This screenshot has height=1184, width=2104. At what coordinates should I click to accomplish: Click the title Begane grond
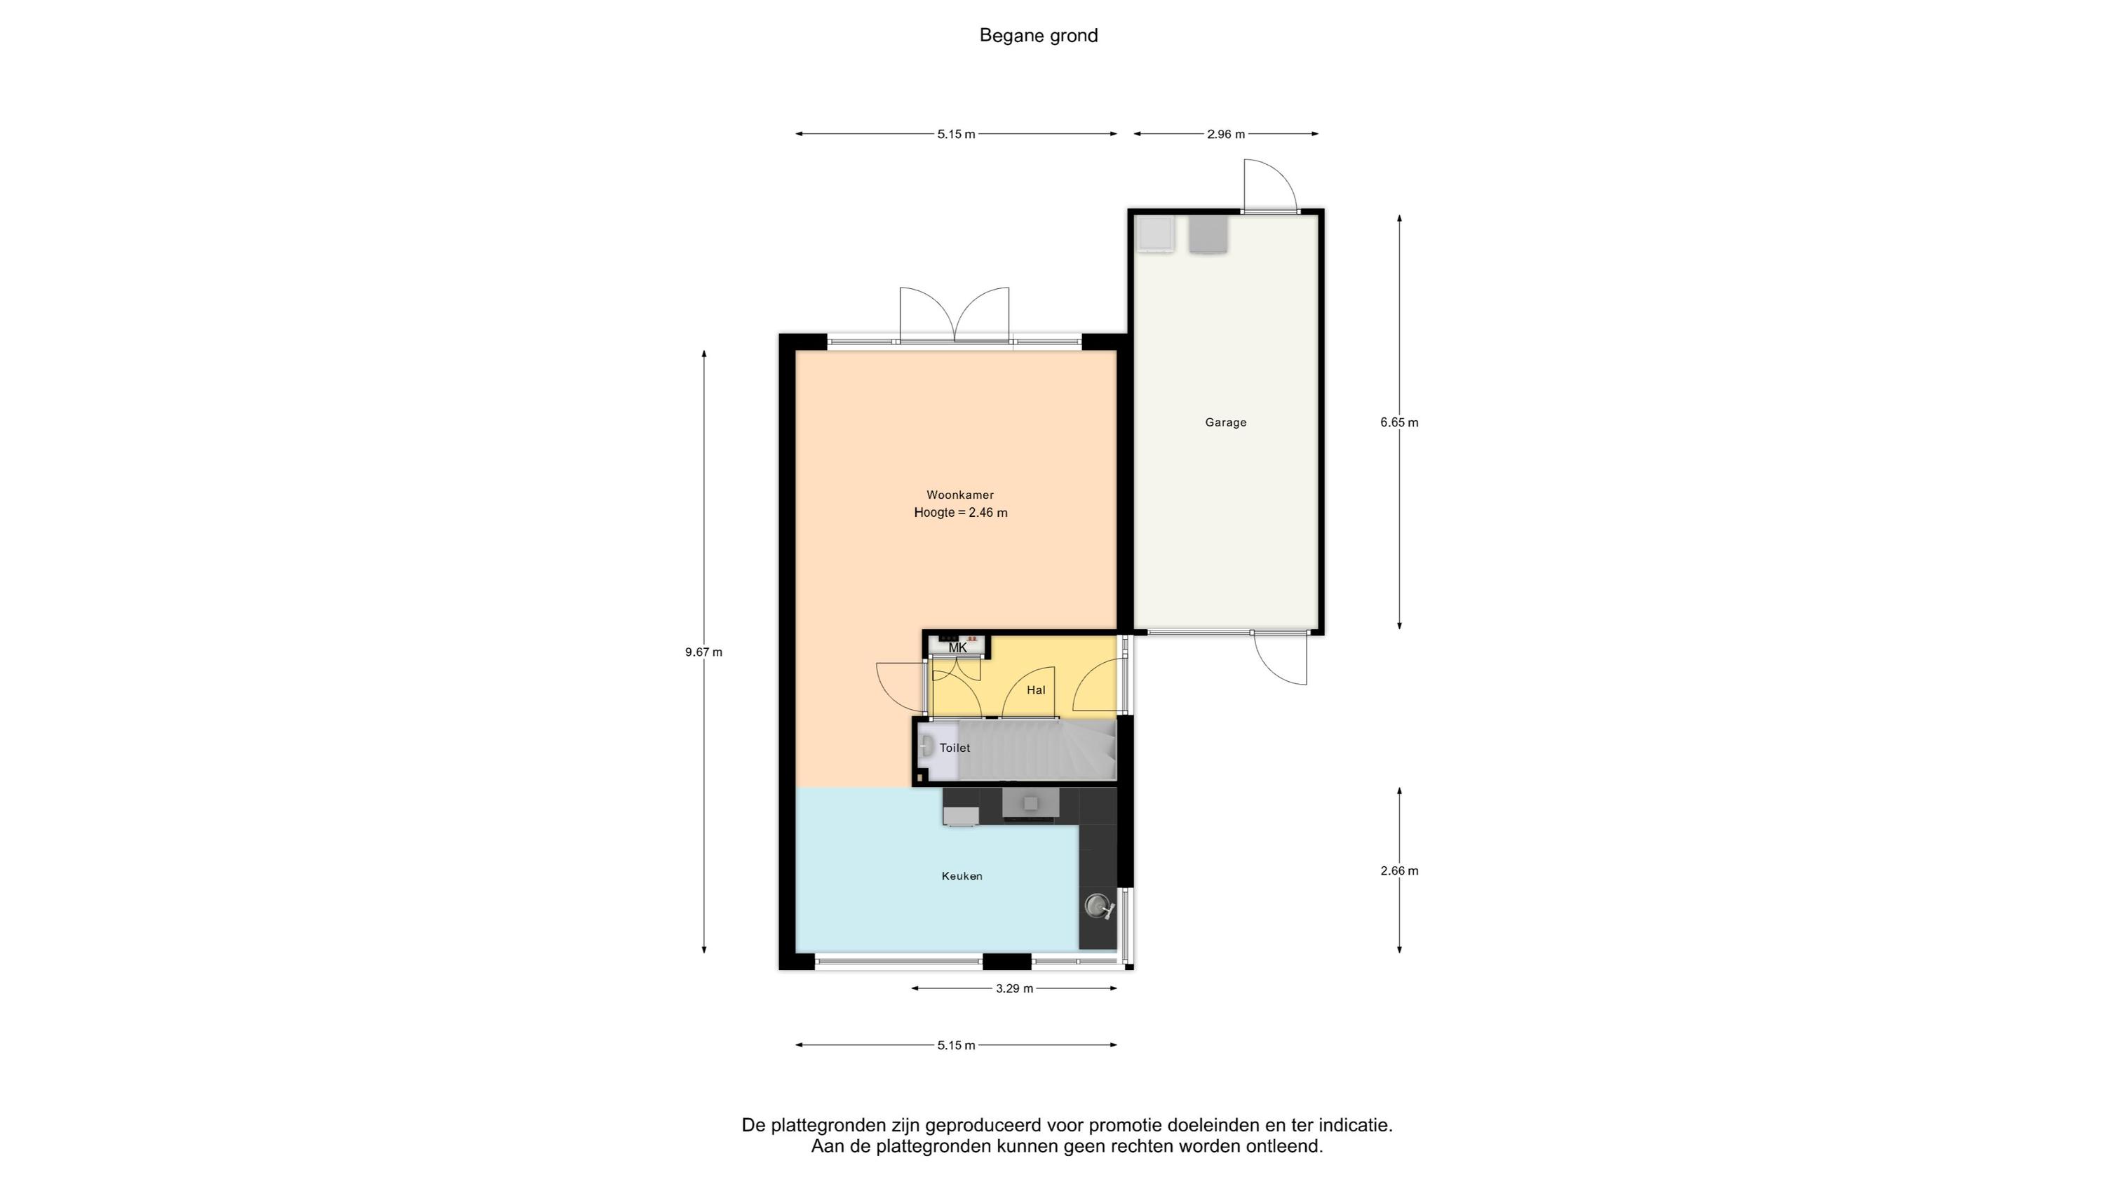pyautogui.click(x=1038, y=36)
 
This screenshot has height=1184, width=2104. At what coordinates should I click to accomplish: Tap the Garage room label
pyautogui.click(x=1226, y=422)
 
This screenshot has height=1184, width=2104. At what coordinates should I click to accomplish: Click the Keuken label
pyautogui.click(x=962, y=876)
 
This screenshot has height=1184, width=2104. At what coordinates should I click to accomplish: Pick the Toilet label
pyautogui.click(x=955, y=748)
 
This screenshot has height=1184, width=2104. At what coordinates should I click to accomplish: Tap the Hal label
pyautogui.click(x=1036, y=689)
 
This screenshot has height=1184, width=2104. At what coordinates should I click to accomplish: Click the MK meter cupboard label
pyautogui.click(x=957, y=648)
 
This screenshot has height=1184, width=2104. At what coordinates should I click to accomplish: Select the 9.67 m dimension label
pyautogui.click(x=704, y=652)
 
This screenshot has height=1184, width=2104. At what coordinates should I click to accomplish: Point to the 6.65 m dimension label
pyautogui.click(x=1399, y=422)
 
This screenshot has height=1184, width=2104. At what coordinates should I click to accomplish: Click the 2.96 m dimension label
pyautogui.click(x=1226, y=134)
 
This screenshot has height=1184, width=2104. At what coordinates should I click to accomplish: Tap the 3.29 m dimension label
pyautogui.click(x=1014, y=989)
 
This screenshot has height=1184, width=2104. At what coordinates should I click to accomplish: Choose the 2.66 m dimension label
pyautogui.click(x=1399, y=871)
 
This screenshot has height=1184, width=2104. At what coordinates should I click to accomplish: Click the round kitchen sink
pyautogui.click(x=1098, y=906)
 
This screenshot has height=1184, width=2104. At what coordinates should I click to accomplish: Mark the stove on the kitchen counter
pyautogui.click(x=1031, y=803)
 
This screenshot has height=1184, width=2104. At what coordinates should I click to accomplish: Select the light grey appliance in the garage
pyautogui.click(x=1156, y=234)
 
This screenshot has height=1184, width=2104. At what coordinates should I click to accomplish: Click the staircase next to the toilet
pyautogui.click(x=1035, y=749)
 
